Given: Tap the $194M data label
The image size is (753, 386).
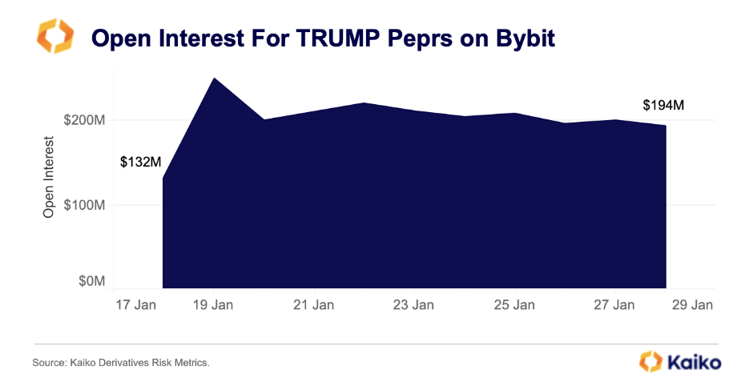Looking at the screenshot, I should coord(663,106).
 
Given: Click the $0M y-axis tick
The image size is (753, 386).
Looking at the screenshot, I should coord(91,281).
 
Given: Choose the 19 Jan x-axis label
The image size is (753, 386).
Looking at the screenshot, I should coord(212,305).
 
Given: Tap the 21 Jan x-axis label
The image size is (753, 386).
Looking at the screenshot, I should coord(313,305).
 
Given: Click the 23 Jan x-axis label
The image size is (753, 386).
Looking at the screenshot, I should coord(413,305).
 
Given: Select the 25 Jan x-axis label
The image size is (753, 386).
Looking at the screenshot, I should coord(513,305).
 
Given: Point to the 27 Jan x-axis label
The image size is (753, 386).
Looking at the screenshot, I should coord(614,305).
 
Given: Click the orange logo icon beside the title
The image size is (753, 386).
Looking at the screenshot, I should coord(55,37).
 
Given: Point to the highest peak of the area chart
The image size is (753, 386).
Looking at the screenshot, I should coord(214,78).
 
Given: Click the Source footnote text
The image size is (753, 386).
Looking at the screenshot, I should coord(121,364).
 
